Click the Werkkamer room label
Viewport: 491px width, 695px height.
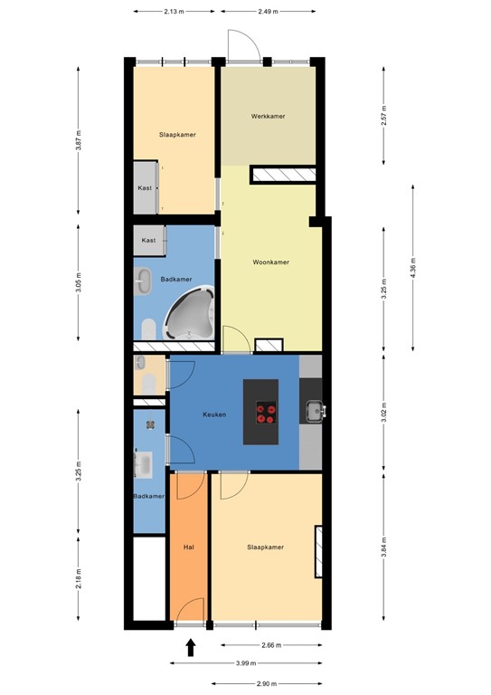tap(269, 117)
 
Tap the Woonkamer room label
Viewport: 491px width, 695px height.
tap(270, 262)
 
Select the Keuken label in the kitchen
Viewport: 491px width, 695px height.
tap(214, 415)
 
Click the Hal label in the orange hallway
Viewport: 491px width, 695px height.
tap(189, 547)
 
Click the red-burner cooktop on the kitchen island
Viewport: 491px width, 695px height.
tap(266, 413)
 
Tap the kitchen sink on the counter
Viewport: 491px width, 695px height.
tap(315, 412)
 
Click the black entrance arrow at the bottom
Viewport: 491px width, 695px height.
tap(191, 647)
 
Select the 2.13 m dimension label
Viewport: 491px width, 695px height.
tap(175, 12)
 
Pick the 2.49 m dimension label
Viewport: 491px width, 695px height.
tap(269, 12)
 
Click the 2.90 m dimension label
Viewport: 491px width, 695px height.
tap(266, 684)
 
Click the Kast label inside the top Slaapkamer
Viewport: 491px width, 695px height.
tap(145, 188)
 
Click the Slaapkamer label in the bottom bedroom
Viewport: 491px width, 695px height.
tap(266, 547)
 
